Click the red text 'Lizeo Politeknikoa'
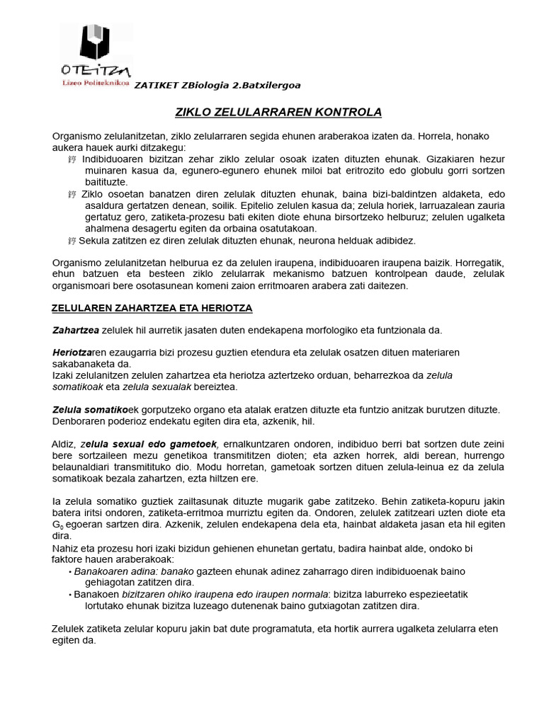tap(96, 83)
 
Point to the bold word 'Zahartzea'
tap(76, 330)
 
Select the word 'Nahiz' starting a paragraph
tap(66, 548)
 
